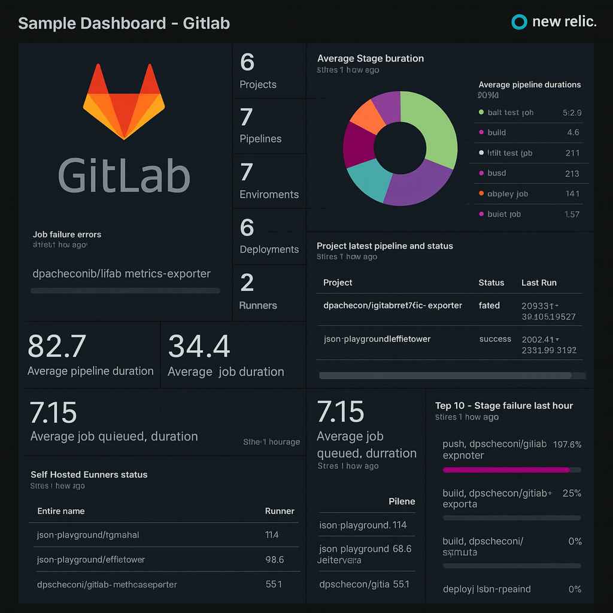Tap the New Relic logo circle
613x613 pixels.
(x=518, y=22)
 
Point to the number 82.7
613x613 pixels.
(x=57, y=347)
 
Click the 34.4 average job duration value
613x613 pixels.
(x=199, y=347)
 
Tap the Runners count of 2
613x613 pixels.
(x=247, y=283)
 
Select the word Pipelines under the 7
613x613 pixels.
(x=260, y=139)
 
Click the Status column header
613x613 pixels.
(x=491, y=283)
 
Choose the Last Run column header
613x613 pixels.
(x=539, y=283)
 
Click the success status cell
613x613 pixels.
(x=495, y=339)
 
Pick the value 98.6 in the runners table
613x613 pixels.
(x=274, y=560)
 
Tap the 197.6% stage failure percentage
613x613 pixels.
(x=568, y=444)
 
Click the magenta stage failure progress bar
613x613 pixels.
(x=506, y=470)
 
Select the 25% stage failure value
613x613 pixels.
(x=572, y=493)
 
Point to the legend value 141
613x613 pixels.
(x=572, y=194)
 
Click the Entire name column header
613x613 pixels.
(x=61, y=511)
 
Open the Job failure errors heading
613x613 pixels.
(x=67, y=235)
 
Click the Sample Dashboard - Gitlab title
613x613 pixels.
(x=124, y=24)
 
